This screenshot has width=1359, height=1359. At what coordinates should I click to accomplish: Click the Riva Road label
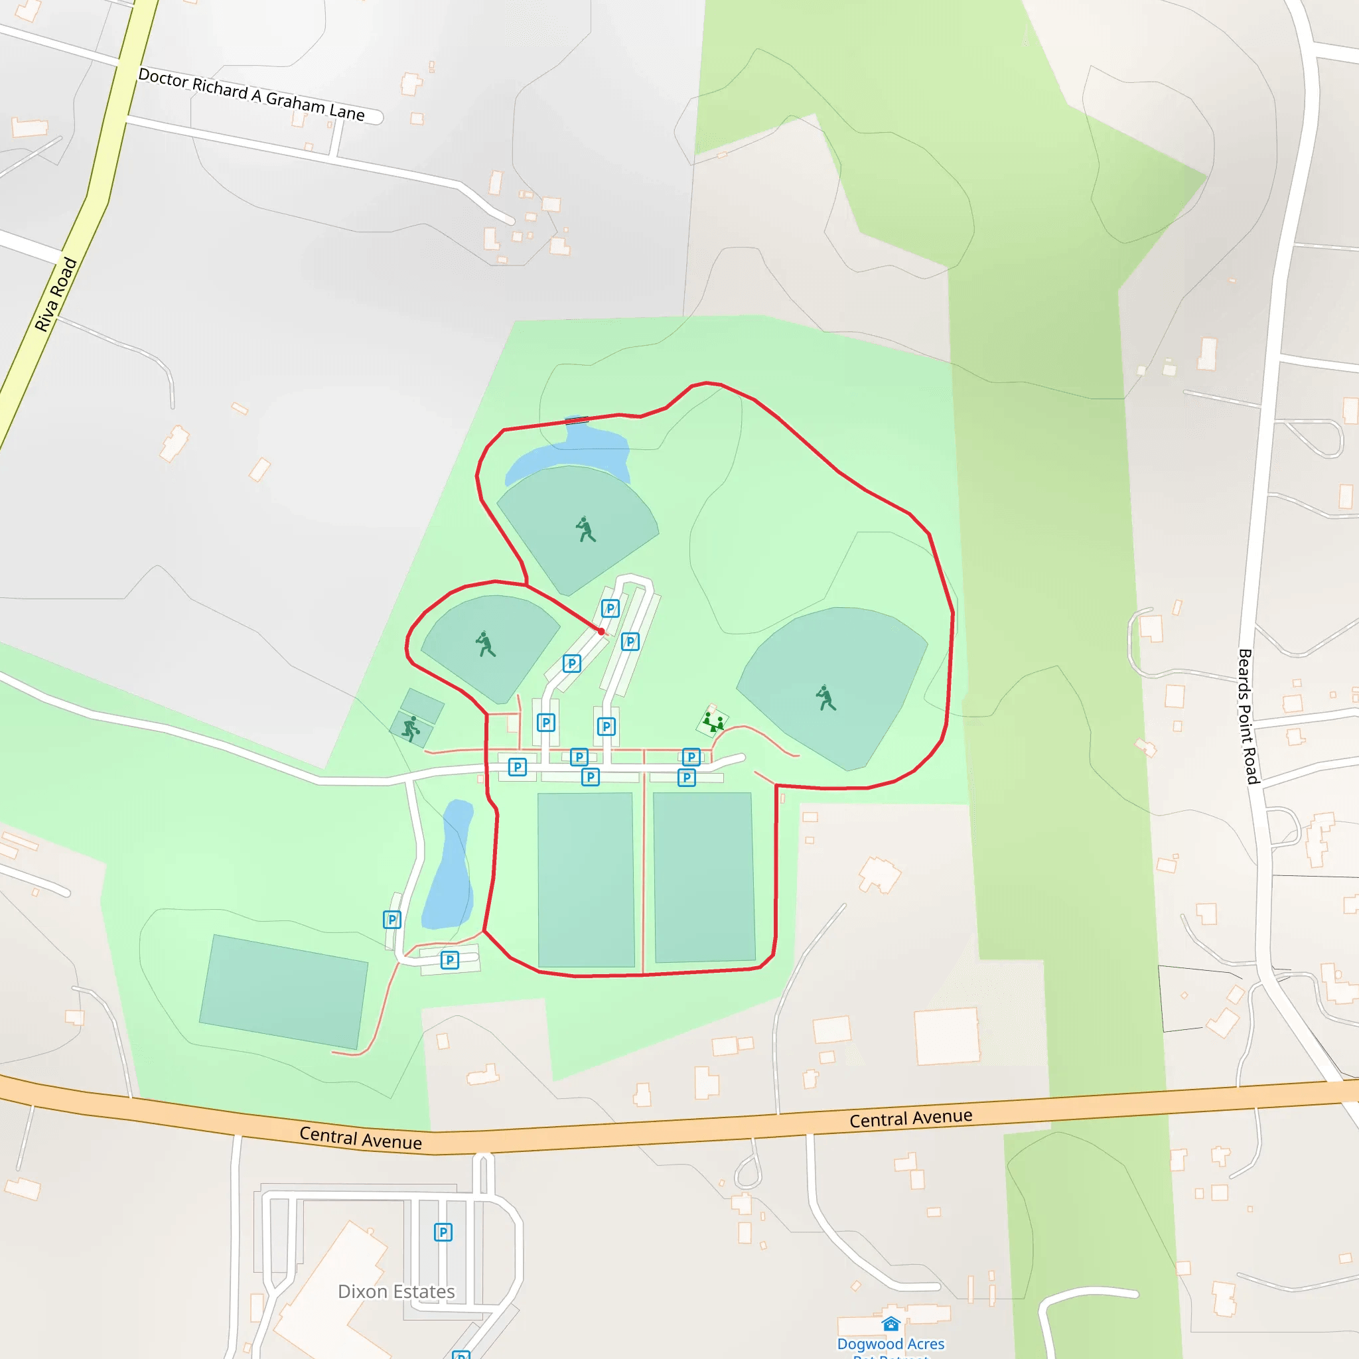[56, 294]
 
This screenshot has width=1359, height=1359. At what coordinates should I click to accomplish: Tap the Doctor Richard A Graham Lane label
[251, 94]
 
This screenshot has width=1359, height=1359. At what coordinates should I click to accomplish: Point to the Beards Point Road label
[1248, 716]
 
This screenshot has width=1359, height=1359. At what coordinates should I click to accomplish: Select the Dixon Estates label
[396, 1291]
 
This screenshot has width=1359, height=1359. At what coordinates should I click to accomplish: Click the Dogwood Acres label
[891, 1344]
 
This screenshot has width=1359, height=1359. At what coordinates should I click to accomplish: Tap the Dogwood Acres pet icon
[891, 1324]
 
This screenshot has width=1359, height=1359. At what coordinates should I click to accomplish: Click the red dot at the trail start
[601, 632]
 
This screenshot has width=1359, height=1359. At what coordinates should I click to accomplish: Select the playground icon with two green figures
[713, 722]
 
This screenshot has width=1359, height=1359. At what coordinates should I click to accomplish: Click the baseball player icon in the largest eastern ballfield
[825, 699]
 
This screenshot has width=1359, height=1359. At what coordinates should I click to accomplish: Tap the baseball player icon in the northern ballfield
[585, 529]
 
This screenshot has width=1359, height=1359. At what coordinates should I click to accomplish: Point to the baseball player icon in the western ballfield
[484, 644]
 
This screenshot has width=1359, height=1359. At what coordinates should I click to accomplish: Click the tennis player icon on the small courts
[411, 729]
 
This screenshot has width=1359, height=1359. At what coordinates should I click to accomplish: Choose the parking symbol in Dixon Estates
[443, 1232]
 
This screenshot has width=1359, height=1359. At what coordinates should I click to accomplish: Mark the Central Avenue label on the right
[911, 1117]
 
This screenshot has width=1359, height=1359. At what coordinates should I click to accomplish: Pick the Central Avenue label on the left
[361, 1137]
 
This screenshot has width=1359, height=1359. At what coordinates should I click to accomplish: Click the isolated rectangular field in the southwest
[283, 991]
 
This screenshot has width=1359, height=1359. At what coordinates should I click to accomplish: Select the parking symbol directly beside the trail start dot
[610, 608]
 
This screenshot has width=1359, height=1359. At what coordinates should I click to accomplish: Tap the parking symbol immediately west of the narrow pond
[392, 919]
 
